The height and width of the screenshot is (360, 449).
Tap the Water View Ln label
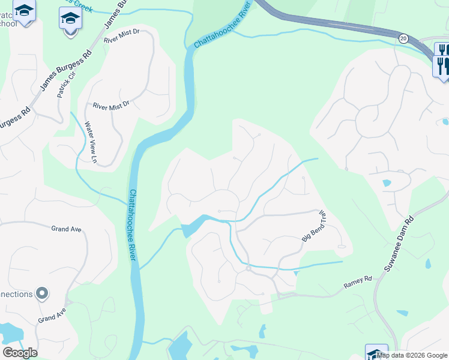[90, 143]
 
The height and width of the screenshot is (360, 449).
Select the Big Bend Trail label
[313, 226]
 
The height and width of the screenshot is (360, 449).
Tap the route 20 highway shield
[402, 38]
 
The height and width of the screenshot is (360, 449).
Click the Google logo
[20, 353]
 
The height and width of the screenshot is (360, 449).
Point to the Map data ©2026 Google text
[412, 355]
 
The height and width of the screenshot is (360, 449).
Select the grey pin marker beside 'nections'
[41, 293]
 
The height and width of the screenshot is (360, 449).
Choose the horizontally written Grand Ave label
[66, 229]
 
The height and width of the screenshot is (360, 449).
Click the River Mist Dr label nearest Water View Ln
[111, 106]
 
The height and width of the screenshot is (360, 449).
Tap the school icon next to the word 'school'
[24, 11]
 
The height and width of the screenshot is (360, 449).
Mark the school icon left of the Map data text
[376, 353]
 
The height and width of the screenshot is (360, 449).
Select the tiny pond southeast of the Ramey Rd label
[402, 313]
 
